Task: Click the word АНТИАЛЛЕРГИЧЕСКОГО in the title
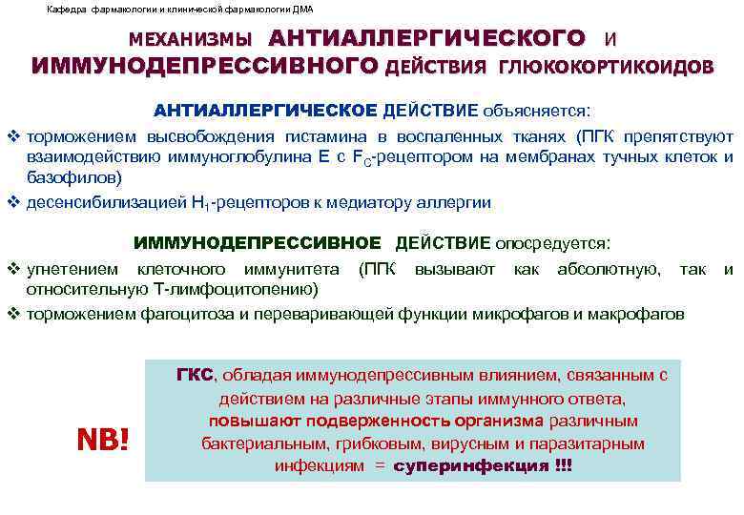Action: pos(426,39)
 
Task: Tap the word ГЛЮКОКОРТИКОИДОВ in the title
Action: pos(605,68)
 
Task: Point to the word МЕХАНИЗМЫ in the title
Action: pos(191,41)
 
